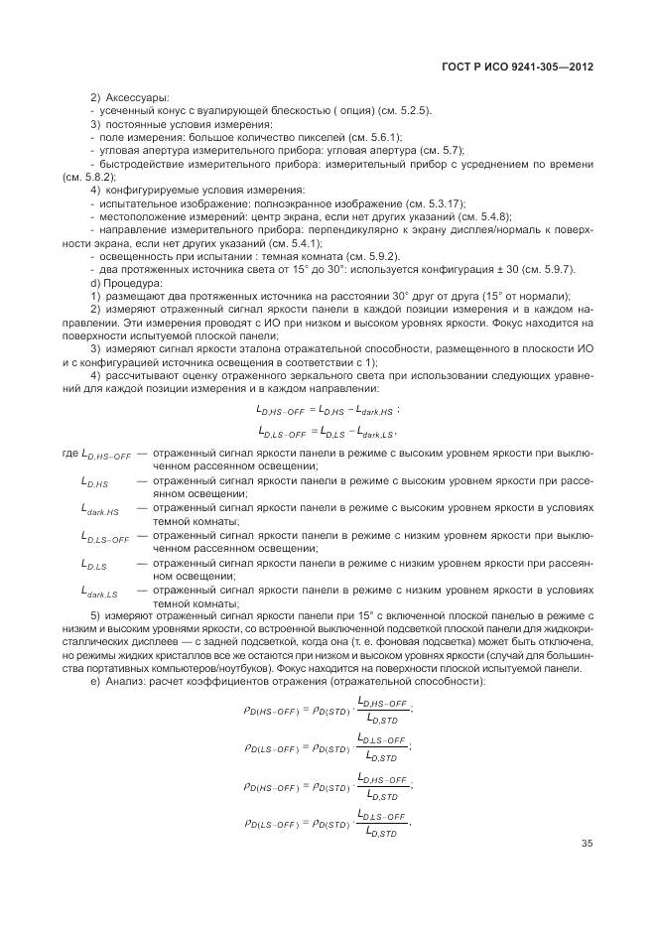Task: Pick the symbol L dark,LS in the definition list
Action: pos(99,593)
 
